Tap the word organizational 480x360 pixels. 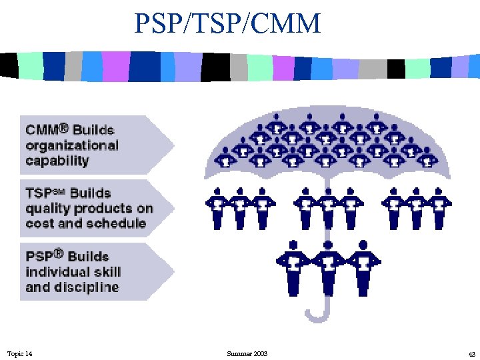pyautogui.click(x=72, y=145)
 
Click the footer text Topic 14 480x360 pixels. pyautogui.click(x=19, y=353)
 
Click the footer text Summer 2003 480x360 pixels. pyautogui.click(x=247, y=353)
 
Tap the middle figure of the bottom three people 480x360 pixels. pyautogui.click(x=327, y=267)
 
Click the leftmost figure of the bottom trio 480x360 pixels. pyautogui.click(x=291, y=267)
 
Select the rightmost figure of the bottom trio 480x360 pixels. pyautogui.click(x=363, y=267)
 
